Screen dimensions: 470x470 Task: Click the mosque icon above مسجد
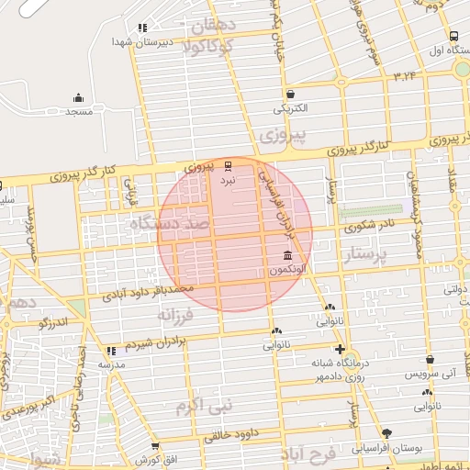78,98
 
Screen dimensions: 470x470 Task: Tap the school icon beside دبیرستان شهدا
141,28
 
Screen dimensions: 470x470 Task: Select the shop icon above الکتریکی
290,93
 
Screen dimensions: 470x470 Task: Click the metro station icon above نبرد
228,165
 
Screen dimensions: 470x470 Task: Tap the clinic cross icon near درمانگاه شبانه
341,350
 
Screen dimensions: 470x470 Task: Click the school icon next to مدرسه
112,350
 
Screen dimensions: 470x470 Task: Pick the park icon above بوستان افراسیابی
386,433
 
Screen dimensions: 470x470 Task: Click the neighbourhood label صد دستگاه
172,224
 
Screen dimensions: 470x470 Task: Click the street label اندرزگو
54,322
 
